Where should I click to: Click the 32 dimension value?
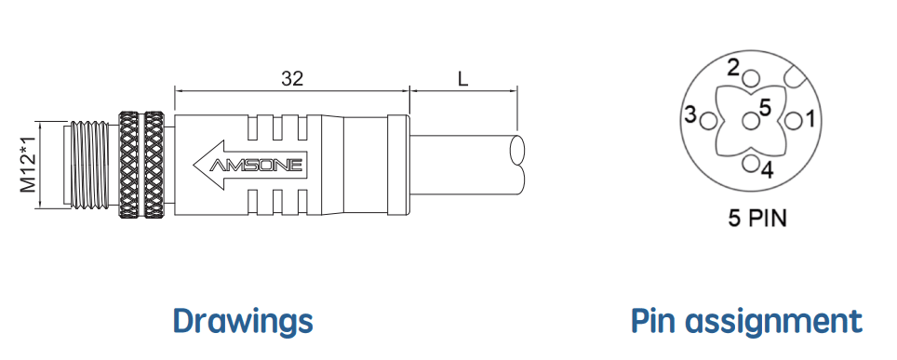click(292, 78)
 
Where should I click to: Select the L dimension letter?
click(462, 78)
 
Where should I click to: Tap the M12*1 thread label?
click(29, 165)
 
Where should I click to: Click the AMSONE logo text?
click(256, 165)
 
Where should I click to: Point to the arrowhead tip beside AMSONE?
click(194, 165)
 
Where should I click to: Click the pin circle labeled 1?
click(792, 121)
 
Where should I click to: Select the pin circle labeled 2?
click(752, 79)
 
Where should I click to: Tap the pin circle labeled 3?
click(708, 121)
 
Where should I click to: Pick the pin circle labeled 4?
click(751, 163)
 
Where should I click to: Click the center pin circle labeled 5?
click(750, 121)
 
